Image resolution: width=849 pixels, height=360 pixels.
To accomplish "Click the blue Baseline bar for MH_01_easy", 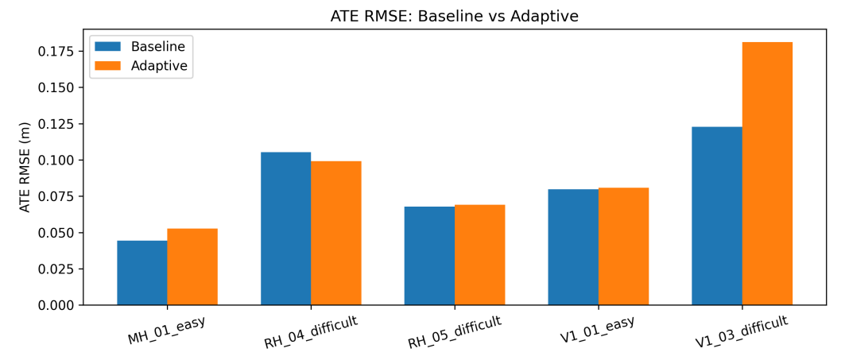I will point(141,273).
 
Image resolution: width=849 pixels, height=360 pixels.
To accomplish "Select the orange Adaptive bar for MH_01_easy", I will point(192,267).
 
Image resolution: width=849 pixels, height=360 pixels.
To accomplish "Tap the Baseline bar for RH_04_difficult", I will point(285,229).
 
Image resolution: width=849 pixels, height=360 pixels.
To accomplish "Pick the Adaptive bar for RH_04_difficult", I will point(336,233).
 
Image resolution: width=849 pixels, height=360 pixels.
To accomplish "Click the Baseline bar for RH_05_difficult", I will point(429,256).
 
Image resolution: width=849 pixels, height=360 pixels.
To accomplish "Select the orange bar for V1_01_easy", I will point(624,246).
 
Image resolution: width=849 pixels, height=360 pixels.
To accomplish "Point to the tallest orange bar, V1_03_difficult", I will point(767,173).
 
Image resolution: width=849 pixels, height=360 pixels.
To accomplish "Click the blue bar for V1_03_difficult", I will point(717,216).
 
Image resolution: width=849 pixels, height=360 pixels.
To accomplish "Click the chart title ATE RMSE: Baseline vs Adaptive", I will point(455,16).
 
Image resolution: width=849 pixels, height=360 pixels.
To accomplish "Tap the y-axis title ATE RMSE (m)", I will point(25,167).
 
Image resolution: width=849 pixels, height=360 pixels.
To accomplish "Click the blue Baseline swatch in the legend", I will point(107,47).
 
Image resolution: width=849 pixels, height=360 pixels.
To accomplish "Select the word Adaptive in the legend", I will point(159,66).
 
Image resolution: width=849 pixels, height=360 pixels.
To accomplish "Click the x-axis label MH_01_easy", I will point(166,330).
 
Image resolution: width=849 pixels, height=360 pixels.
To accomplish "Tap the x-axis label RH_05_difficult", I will point(454,331).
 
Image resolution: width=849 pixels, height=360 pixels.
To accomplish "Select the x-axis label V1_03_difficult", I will point(741,331).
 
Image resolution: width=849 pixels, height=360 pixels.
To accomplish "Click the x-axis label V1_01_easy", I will point(597,330).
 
